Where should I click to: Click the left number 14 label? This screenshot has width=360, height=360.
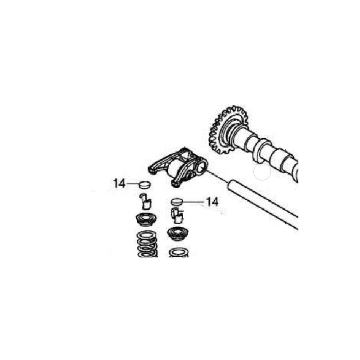[x=119, y=184]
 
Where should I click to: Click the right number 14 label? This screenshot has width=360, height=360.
[x=212, y=202]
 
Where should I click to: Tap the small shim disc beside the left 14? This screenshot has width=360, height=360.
[x=145, y=184]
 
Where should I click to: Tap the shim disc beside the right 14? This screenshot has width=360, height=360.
[x=176, y=202]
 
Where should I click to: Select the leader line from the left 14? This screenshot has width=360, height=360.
[x=132, y=184]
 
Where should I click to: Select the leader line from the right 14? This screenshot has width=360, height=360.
[x=193, y=202]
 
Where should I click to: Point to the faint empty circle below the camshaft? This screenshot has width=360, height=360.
[x=262, y=172]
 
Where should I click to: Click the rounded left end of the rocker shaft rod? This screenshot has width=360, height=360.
[x=229, y=185]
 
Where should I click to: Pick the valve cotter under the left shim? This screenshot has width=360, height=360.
[x=145, y=201]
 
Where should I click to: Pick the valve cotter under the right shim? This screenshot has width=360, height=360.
[x=177, y=216]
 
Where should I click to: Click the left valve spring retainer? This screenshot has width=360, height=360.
[x=146, y=220]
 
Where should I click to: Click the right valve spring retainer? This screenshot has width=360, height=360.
[x=178, y=234]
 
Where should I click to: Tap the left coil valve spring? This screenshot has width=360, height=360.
[x=147, y=244]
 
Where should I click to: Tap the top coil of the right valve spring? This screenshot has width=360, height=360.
[x=179, y=252]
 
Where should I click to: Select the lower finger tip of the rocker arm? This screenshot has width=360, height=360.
[x=175, y=184]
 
